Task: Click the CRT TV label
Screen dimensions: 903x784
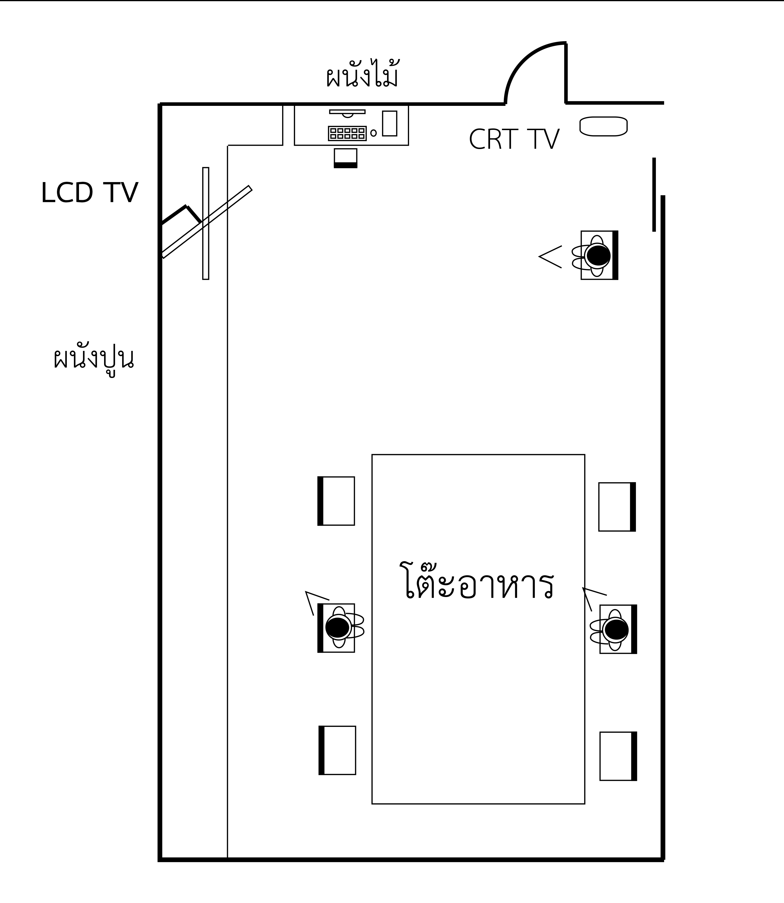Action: [x=514, y=140]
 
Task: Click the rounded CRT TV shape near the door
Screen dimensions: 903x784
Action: [x=603, y=126]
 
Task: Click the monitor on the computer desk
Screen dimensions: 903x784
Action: [x=347, y=112]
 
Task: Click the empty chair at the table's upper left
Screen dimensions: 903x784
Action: [x=336, y=501]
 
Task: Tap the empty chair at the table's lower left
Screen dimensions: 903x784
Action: [x=337, y=750]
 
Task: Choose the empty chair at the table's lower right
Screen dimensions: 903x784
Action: [x=618, y=756]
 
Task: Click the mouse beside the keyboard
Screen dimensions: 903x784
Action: [x=373, y=133]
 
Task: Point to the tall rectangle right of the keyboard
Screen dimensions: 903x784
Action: [x=389, y=123]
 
